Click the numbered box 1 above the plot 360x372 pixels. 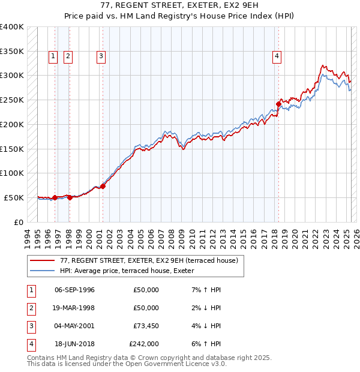(53, 56)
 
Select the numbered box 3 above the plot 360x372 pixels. (101, 56)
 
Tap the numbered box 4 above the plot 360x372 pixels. (277, 56)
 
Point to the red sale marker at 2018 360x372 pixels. (278, 104)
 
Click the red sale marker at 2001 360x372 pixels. (103, 186)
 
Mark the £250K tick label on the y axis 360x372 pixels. (11, 100)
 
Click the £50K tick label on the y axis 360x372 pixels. (14, 197)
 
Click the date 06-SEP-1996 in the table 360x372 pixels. (74, 290)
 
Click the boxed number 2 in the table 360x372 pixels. (31, 308)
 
